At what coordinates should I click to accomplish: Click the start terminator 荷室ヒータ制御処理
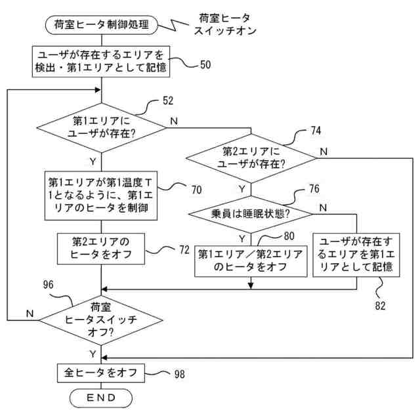(x=100, y=26)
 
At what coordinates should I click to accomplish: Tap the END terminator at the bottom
(x=100, y=398)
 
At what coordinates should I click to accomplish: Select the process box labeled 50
(x=100, y=60)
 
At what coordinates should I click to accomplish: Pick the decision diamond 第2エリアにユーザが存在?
(x=251, y=158)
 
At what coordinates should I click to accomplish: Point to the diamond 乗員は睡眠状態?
(x=251, y=214)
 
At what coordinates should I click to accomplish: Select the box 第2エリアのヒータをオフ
(x=100, y=249)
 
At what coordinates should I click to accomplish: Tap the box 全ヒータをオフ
(x=100, y=373)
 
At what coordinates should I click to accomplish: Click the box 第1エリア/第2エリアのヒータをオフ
(x=251, y=261)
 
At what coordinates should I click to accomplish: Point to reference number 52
(x=168, y=102)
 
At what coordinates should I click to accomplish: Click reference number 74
(x=316, y=131)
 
